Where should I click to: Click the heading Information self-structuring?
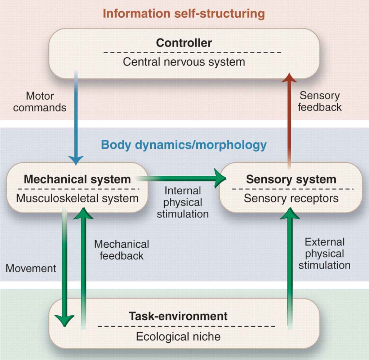click(184, 14)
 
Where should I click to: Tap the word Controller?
click(184, 43)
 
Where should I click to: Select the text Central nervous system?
click(184, 62)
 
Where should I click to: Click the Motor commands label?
click(40, 102)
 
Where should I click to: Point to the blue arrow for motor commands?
click(76, 119)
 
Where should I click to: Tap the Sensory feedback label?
click(320, 101)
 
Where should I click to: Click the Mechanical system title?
click(77, 179)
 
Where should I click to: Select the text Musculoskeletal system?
click(77, 198)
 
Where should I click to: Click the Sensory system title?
click(291, 179)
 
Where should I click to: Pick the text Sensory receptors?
click(291, 198)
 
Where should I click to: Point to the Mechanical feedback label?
click(121, 250)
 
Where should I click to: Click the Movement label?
click(31, 268)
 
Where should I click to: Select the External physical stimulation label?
click(324, 253)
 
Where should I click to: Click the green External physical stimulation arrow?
click(289, 270)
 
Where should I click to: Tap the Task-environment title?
click(178, 316)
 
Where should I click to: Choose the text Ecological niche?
click(178, 336)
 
